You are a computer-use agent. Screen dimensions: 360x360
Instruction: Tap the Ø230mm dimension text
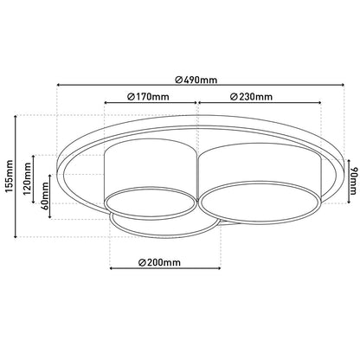tap(250, 96)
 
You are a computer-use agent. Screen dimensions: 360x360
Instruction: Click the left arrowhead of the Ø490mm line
tap(59, 85)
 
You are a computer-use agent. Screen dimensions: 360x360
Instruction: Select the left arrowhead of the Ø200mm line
tap(113, 268)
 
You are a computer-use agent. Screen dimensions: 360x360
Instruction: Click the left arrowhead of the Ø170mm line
tap(105, 101)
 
